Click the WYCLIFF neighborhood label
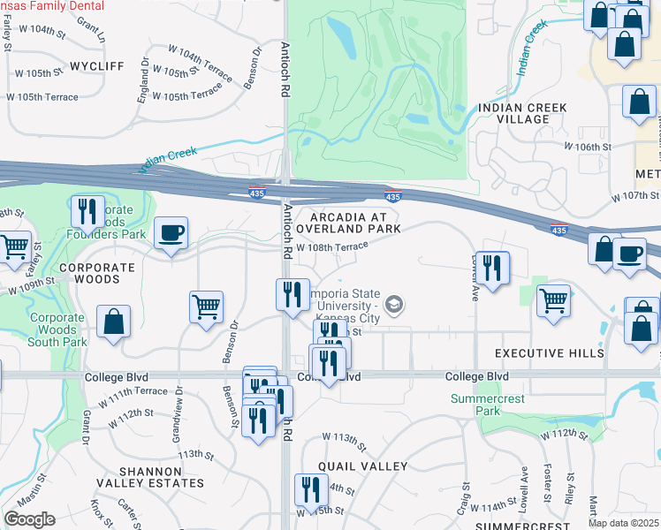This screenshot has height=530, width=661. click(x=97, y=66)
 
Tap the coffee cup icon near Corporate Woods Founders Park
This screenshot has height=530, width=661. click(x=171, y=233)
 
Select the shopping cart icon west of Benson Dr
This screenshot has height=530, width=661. click(x=206, y=308)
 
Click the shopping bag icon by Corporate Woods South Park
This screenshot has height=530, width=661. click(x=114, y=322)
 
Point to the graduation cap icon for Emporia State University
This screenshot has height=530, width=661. click(x=394, y=307)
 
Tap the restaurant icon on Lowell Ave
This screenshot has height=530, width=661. click(x=492, y=267)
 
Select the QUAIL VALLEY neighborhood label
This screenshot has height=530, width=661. click(x=363, y=466)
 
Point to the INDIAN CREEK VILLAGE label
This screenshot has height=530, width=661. click(x=522, y=113)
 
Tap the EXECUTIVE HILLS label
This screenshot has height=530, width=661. click(x=549, y=353)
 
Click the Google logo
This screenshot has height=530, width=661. click(x=30, y=519)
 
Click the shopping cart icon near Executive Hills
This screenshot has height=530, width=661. click(x=553, y=300)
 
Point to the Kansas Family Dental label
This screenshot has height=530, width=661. click(x=52, y=5)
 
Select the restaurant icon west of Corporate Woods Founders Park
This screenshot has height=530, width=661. click(x=87, y=213)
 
